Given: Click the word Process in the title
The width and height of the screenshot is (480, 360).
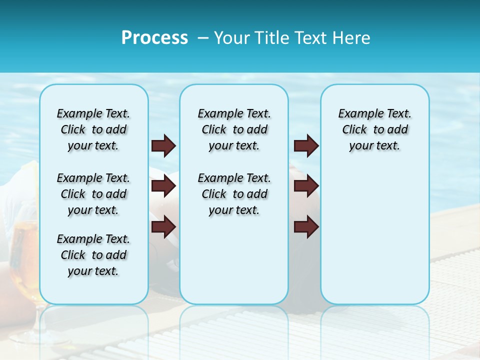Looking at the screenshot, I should point(154,38).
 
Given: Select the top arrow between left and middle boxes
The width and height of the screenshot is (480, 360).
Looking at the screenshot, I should point(163,146).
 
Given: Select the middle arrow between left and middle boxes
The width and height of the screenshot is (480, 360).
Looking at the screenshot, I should point(163,186).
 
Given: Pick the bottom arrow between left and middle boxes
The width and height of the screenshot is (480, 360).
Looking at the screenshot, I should point(163,227).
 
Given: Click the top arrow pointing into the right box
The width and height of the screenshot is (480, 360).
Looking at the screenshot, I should point(306,146).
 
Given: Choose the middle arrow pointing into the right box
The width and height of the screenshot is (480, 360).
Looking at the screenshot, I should point(306,186).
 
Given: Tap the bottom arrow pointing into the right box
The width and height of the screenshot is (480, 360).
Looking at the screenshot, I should point(306,227).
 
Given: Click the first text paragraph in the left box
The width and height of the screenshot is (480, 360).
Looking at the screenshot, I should point(93,129).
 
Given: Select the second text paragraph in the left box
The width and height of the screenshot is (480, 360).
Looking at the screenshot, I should point(93,194).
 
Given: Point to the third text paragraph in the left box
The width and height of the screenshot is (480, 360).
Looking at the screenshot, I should point(93,255).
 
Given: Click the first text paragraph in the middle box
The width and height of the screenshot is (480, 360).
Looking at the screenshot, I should point(234,129).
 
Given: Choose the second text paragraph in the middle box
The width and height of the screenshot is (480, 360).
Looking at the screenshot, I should point(234,194).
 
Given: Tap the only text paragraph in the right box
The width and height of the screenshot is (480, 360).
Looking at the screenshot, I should point(374,129).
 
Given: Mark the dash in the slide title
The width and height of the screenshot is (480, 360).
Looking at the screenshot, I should point(203,38).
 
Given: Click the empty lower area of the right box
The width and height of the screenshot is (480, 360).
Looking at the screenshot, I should point(374,235).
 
